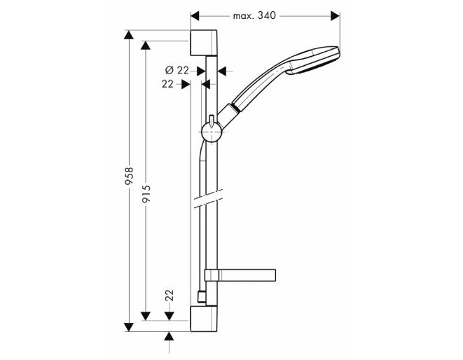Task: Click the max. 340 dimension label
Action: coord(254,15)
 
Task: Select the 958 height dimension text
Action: coord(129,176)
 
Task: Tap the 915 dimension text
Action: coord(146,194)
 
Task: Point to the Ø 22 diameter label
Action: coord(177,70)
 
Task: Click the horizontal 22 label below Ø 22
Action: coord(167,84)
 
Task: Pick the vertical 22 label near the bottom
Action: coord(170,296)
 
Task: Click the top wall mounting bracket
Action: coord(204,43)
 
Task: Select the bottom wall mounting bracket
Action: coord(204,319)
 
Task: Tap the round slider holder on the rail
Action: coord(212,132)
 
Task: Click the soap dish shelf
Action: coord(240,275)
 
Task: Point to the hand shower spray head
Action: coord(314,60)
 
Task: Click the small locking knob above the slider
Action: coord(212,121)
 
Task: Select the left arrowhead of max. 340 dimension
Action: coord(195,16)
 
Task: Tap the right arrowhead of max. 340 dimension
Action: coord(336,16)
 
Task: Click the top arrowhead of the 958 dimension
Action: coord(129,35)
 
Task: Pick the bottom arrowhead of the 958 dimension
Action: coord(129,326)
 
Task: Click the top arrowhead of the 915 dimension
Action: coord(146,46)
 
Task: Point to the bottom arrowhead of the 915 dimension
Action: coord(146,316)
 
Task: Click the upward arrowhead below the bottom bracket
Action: coord(169,336)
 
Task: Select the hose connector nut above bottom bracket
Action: coord(202,297)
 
